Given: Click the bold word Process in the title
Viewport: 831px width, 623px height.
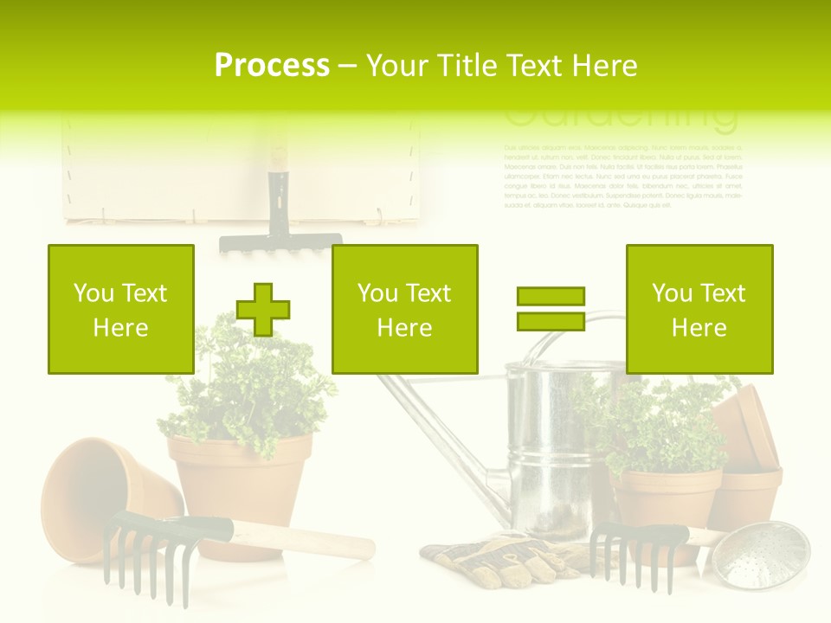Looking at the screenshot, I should pos(272,66).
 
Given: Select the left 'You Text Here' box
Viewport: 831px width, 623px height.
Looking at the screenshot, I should pos(121,309).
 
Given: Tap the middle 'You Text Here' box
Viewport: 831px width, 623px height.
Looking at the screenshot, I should pos(404,309).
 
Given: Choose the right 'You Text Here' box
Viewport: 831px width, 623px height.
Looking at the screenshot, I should pos(699,309).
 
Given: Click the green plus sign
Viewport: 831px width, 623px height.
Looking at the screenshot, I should pos(263,309).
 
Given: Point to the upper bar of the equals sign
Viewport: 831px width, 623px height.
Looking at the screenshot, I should pos(551,297).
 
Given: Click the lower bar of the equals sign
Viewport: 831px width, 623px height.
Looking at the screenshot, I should pos(551,321).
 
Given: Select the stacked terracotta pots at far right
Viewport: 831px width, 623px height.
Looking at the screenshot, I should pos(749,459).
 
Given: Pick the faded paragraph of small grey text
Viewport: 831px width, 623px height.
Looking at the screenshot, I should pos(623,177).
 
